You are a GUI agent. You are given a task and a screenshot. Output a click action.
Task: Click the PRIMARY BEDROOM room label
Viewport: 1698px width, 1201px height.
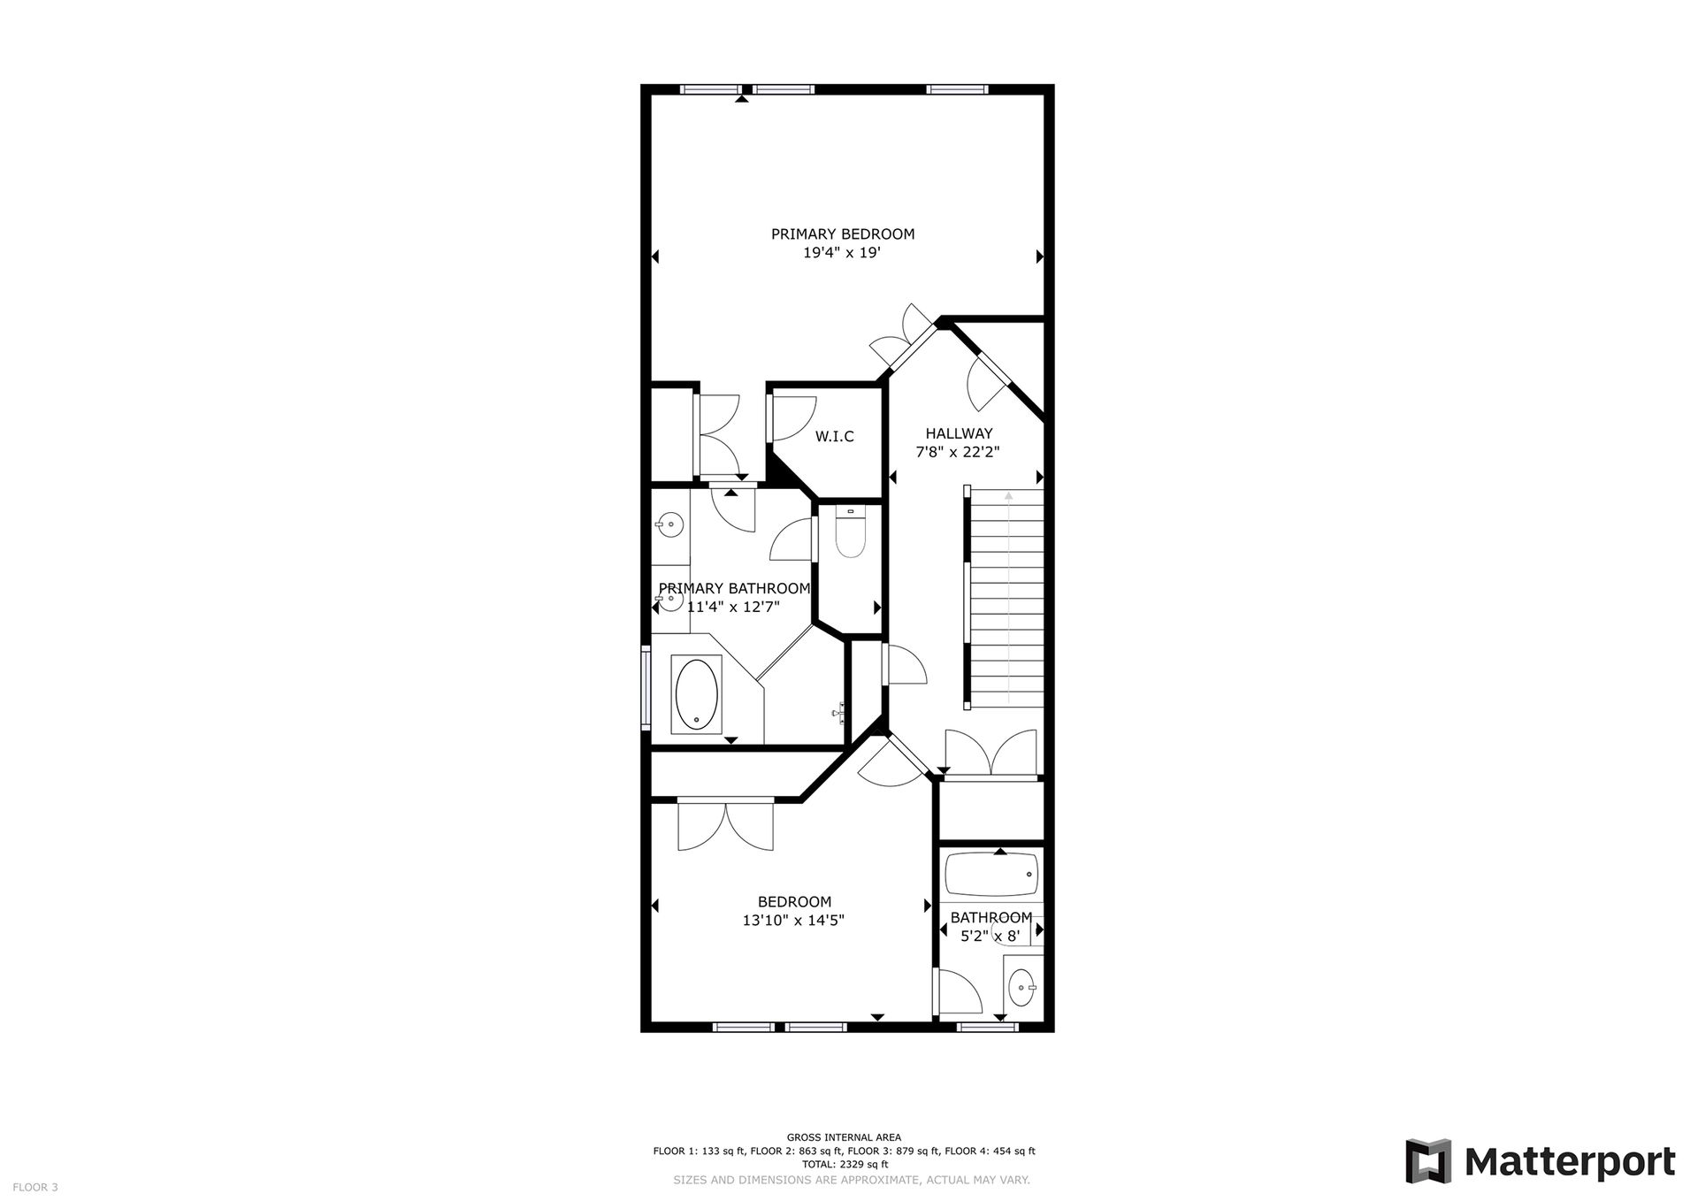(x=843, y=234)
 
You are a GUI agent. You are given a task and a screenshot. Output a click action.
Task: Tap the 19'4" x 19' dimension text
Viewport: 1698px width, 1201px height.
(x=842, y=253)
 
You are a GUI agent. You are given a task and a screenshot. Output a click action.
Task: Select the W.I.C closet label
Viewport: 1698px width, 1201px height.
(x=835, y=437)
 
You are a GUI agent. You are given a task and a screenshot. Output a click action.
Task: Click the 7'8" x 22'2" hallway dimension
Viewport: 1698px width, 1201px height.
(x=958, y=452)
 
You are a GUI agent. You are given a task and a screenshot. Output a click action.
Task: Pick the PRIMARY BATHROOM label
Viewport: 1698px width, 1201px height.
(x=734, y=589)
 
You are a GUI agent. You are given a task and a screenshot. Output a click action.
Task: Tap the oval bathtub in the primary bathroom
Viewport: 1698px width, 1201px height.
(x=698, y=694)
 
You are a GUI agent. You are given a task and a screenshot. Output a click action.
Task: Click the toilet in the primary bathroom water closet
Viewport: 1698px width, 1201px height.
(x=850, y=532)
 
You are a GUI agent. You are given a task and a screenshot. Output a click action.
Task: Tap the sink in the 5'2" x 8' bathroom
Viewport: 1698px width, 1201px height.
(x=1023, y=987)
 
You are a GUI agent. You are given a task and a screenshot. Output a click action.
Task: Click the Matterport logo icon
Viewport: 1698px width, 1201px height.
(x=1429, y=1161)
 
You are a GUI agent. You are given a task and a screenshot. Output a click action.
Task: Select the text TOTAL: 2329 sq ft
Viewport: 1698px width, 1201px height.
(x=844, y=1164)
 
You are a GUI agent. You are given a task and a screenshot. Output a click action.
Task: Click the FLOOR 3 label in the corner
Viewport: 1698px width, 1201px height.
(x=35, y=1187)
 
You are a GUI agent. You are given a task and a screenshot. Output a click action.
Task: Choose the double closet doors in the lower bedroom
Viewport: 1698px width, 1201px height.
(x=726, y=824)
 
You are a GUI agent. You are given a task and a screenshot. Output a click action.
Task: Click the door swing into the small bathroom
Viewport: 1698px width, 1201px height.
(x=958, y=991)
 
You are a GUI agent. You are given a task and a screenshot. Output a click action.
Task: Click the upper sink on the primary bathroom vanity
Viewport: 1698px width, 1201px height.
(x=670, y=524)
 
